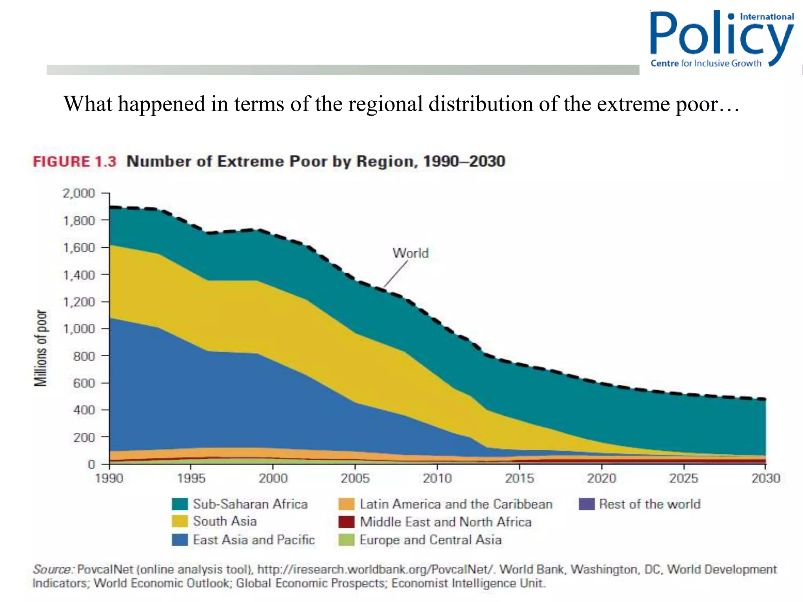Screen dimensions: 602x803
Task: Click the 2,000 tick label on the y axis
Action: [x=78, y=193]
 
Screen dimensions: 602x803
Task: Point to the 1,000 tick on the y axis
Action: [x=78, y=329]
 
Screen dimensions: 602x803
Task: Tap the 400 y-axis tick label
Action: [x=84, y=410]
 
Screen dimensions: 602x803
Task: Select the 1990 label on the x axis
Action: [x=109, y=478]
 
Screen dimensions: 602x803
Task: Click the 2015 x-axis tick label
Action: [x=519, y=478]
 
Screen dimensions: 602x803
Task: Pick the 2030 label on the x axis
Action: [x=765, y=478]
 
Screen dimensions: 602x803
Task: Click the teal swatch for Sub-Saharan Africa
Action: [x=180, y=504]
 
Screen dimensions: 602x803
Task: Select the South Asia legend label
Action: [x=225, y=521]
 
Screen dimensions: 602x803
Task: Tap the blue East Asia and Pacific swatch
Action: [x=180, y=540]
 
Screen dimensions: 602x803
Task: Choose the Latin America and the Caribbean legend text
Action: [x=456, y=504]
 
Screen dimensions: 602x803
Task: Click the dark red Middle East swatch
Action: [x=346, y=522]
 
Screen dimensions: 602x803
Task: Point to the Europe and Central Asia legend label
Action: [x=431, y=540]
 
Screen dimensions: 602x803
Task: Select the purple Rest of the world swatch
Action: [x=587, y=504]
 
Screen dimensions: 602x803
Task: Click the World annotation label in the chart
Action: [x=411, y=253]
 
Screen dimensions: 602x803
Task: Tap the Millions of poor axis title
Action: [x=40, y=348]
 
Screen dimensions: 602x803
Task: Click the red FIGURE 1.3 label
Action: [x=74, y=161]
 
